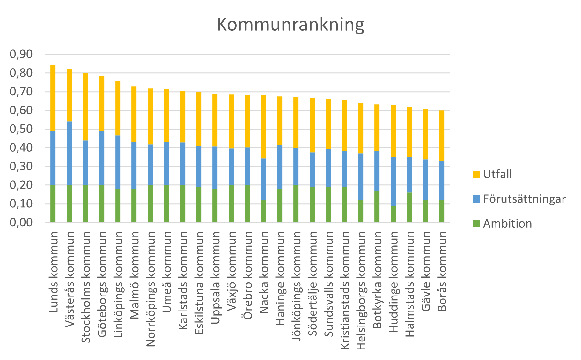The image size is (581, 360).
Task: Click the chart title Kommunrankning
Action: [x=290, y=25]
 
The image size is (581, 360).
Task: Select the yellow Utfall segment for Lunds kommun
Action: [x=53, y=98]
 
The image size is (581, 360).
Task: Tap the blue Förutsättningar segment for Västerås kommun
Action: [x=69, y=153]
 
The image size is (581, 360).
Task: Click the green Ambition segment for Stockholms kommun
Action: [x=85, y=204]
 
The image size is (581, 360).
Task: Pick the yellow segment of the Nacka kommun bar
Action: [x=263, y=126]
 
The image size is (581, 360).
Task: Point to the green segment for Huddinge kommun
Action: [x=393, y=214]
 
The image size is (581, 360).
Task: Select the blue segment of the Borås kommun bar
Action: [x=442, y=181]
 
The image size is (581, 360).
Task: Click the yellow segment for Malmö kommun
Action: [x=134, y=114]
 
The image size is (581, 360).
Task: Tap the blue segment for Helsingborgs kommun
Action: [x=361, y=176]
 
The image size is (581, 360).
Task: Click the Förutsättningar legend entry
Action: [x=524, y=199]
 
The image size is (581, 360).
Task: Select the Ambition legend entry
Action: [x=507, y=223]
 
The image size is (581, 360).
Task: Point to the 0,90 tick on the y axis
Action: [x=21, y=54]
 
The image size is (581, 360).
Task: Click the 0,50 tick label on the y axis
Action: [x=21, y=129]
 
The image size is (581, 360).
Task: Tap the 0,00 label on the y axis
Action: [x=21, y=222]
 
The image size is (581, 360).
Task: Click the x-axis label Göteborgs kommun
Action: [x=102, y=284]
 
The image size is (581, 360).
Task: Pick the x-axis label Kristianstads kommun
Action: [x=345, y=290]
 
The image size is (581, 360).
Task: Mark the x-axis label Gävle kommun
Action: [x=426, y=271]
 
